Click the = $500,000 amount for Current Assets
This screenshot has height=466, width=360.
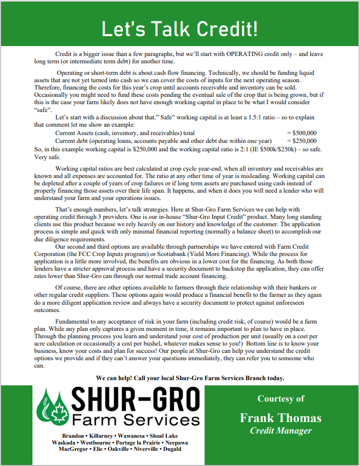click(302, 133)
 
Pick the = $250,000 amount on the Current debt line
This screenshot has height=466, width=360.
click(302, 141)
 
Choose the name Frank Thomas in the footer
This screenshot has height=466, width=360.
click(280, 417)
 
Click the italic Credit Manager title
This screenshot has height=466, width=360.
click(280, 430)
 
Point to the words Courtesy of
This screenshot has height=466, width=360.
click(280, 399)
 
